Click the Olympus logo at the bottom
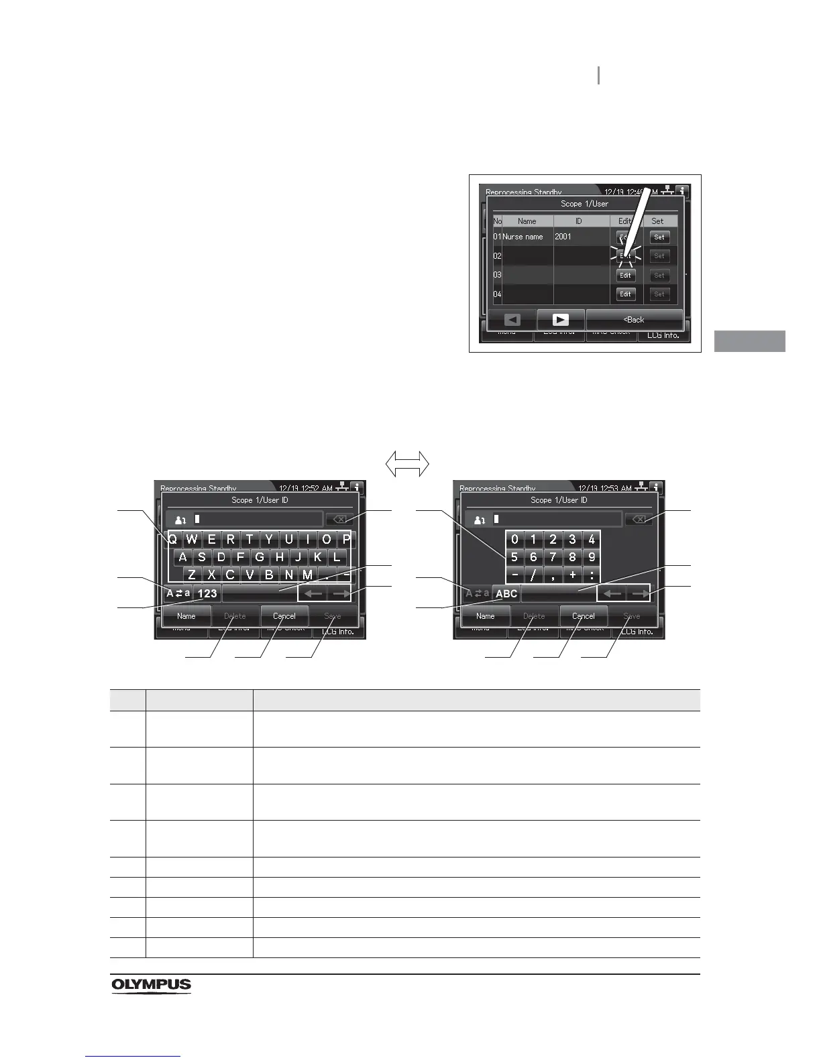[x=151, y=986]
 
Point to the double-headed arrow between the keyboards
[x=407, y=463]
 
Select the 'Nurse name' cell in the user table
[x=523, y=237]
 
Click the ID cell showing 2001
[x=563, y=237]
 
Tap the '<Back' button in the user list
[x=634, y=320]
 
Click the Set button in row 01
[x=659, y=237]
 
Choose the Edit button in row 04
[x=625, y=294]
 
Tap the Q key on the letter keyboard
[x=173, y=539]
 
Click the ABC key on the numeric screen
[x=506, y=593]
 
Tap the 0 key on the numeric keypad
[x=514, y=539]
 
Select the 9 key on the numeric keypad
[x=592, y=557]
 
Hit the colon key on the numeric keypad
[x=592, y=575]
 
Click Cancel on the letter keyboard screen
[x=284, y=616]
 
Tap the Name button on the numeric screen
[x=485, y=616]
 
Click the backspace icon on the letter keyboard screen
[x=339, y=519]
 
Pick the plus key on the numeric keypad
[x=572, y=575]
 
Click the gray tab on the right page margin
[x=749, y=341]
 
